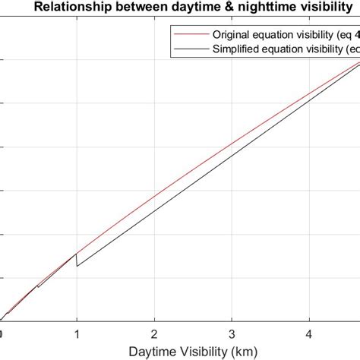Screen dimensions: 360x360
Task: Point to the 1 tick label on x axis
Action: tap(77, 333)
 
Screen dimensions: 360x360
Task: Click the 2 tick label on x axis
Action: tap(154, 333)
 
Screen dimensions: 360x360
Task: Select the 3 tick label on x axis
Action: tap(232, 333)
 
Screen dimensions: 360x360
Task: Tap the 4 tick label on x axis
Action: tap(309, 333)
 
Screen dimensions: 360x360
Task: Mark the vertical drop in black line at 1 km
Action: tap(77, 259)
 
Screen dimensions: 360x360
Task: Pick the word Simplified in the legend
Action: tap(236, 49)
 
